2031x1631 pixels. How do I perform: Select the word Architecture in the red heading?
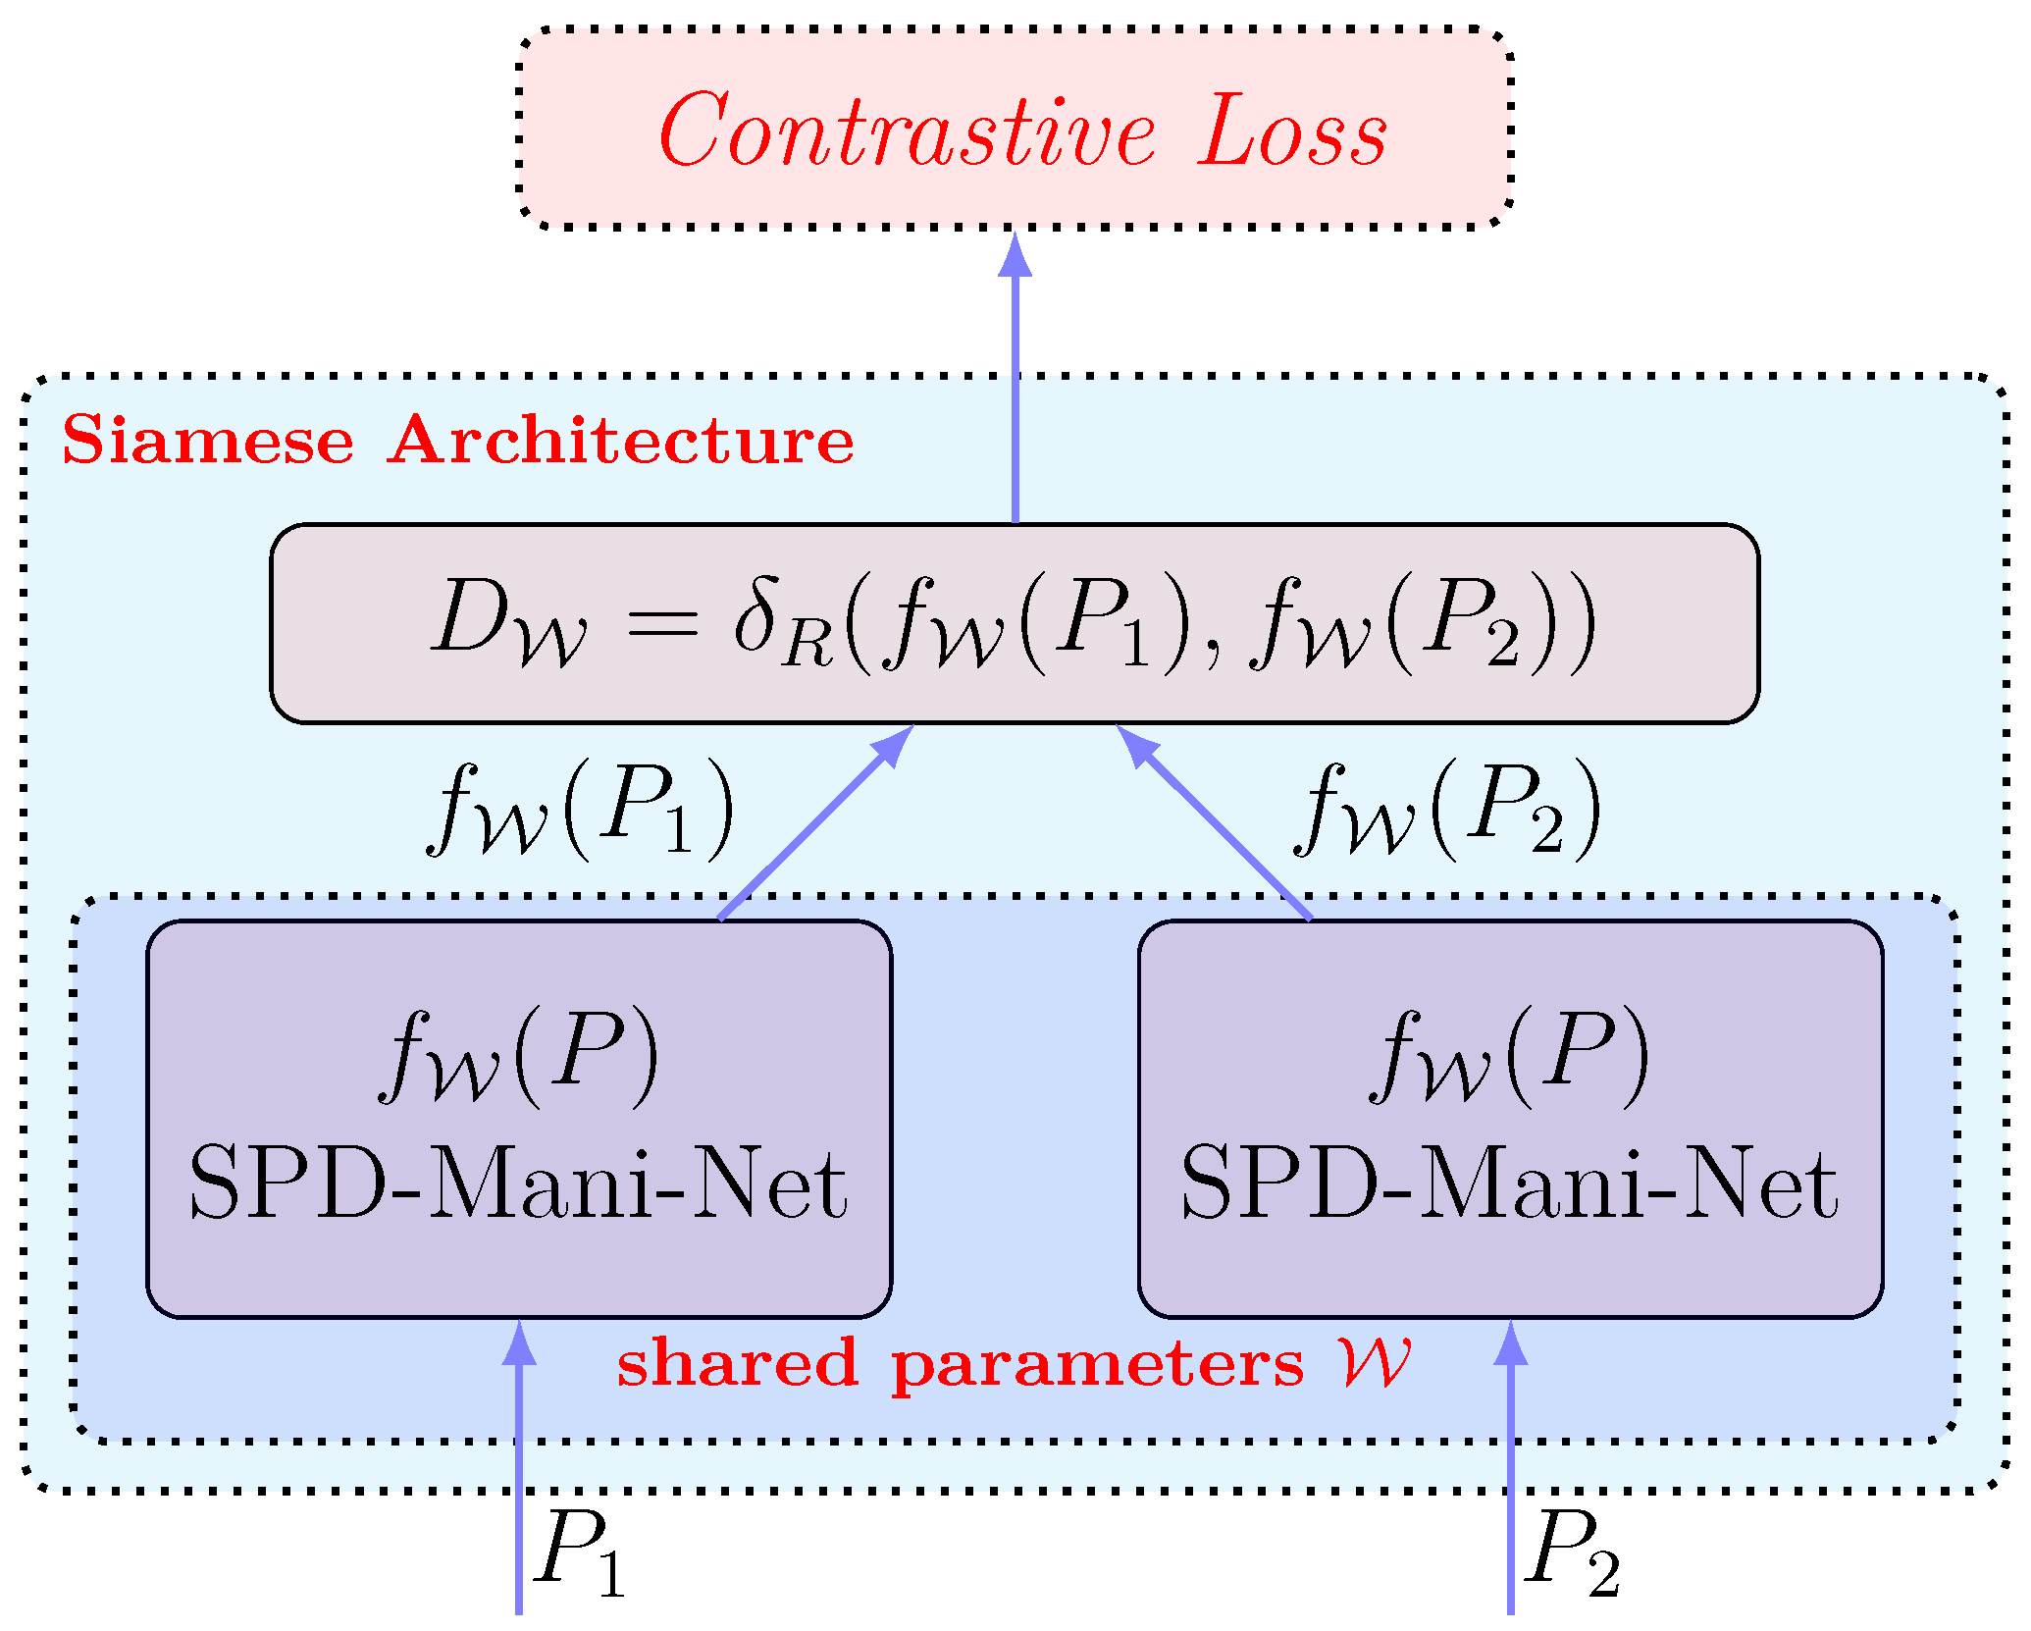point(620,441)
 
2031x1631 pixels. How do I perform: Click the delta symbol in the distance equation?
point(757,616)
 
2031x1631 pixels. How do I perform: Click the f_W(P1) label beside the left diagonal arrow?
point(581,810)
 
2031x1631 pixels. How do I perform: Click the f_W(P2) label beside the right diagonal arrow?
point(1448,810)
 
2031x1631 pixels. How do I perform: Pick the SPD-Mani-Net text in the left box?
point(518,1184)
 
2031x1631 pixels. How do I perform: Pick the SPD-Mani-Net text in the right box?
point(1509,1184)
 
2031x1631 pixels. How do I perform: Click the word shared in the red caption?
point(738,1364)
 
